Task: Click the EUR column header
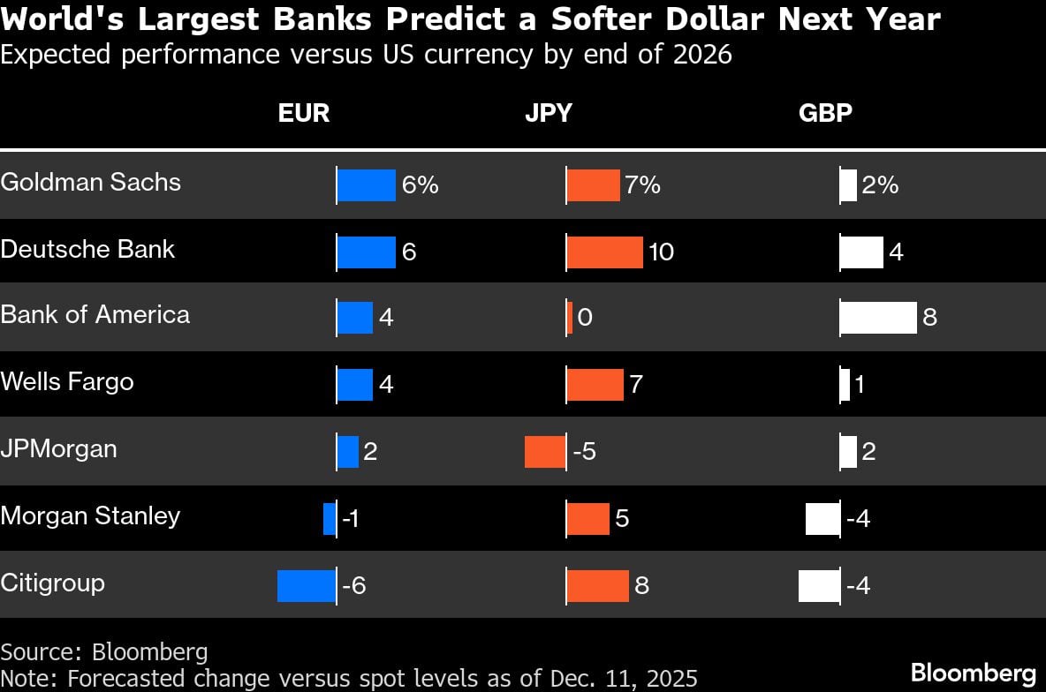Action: click(x=304, y=114)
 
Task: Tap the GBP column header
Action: click(x=825, y=114)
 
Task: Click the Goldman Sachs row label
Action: click(x=91, y=182)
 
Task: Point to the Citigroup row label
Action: click(x=52, y=583)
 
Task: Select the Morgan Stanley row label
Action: click(x=90, y=515)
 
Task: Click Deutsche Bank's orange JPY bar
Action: click(x=604, y=252)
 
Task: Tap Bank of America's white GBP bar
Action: click(x=878, y=318)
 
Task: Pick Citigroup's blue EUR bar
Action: click(x=307, y=586)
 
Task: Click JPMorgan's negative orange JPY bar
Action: click(x=545, y=452)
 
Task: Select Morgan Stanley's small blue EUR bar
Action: click(x=330, y=519)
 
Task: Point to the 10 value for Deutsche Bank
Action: click(x=661, y=252)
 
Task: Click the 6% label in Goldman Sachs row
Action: click(x=420, y=185)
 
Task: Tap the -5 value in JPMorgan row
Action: click(x=585, y=452)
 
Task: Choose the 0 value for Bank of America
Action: click(x=584, y=318)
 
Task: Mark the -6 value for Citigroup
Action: click(x=353, y=586)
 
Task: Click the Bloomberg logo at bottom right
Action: click(x=973, y=673)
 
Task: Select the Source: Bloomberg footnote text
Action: click(x=104, y=652)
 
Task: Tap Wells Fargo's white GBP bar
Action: click(x=845, y=385)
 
